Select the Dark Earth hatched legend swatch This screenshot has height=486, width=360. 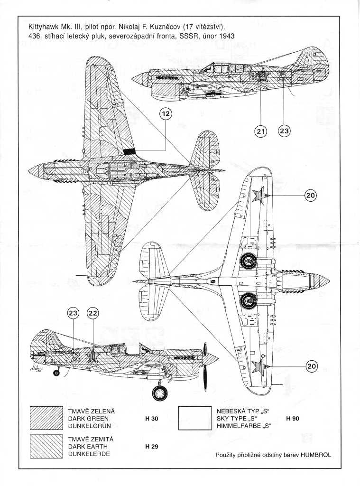click(46, 446)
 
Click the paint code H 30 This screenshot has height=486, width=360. click(151, 419)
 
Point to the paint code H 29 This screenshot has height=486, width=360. click(151, 447)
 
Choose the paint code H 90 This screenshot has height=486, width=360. click(292, 419)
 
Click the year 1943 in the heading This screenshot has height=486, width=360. click(223, 36)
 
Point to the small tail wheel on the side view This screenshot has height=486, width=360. click(56, 374)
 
